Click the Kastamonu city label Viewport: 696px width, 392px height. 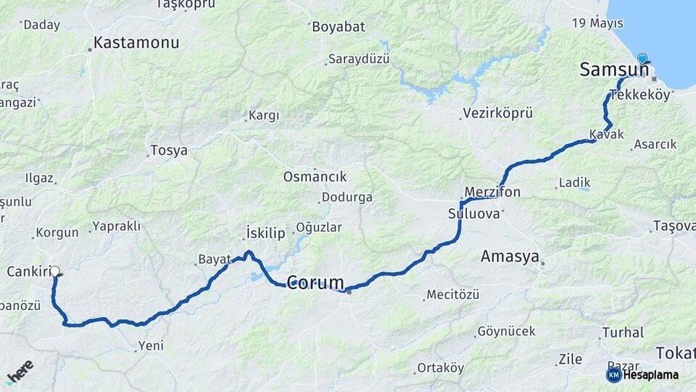[x=136, y=44]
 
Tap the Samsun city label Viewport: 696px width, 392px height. [x=613, y=70]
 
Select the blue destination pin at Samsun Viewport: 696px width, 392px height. [x=642, y=59]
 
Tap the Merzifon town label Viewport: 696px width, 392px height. [x=492, y=192]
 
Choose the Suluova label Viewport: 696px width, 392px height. [x=474, y=214]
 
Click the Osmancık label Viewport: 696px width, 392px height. [x=315, y=176]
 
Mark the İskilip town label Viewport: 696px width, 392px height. [x=265, y=233]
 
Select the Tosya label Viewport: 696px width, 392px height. [x=168, y=151]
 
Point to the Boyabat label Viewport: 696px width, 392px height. [x=339, y=28]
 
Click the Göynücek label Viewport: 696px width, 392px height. [x=507, y=332]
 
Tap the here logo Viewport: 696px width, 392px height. [x=20, y=371]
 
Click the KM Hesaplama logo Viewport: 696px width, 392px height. [x=642, y=375]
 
